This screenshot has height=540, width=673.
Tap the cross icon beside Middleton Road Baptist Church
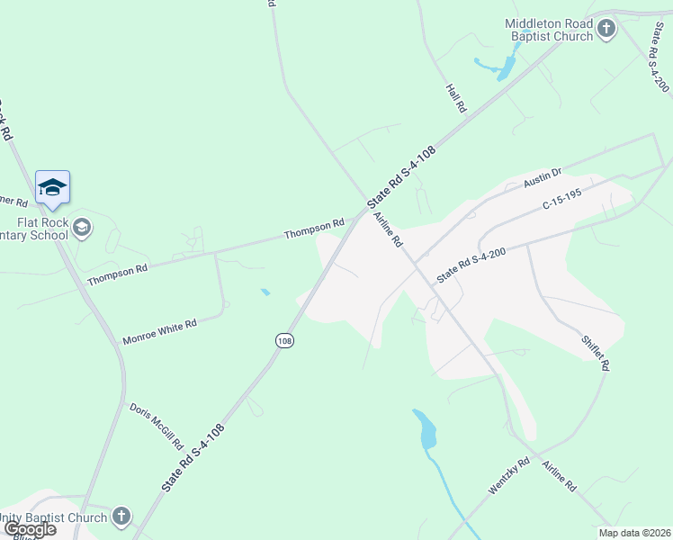pyautogui.click(x=606, y=29)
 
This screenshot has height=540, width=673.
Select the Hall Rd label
pyautogui.click(x=457, y=98)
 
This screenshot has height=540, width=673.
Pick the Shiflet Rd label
pyautogui.click(x=596, y=352)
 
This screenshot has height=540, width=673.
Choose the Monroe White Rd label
pyautogui.click(x=159, y=331)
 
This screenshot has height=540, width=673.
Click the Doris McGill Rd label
pyautogui.click(x=155, y=426)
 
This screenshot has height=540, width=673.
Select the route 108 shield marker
pyautogui.click(x=285, y=340)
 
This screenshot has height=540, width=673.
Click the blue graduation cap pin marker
pyautogui.click(x=52, y=187)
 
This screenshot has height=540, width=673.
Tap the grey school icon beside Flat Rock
pyautogui.click(x=83, y=226)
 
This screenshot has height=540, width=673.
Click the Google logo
pyautogui.click(x=29, y=529)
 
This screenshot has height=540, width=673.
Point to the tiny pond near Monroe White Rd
pyautogui.click(x=265, y=292)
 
